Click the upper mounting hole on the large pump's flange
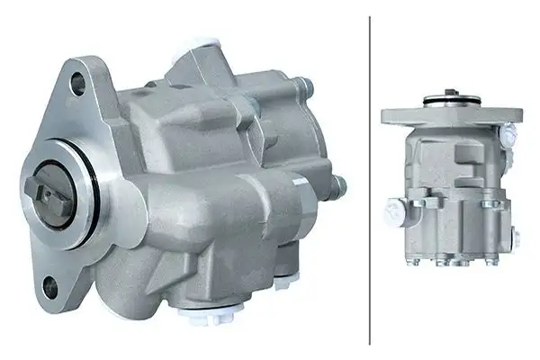click(78, 85)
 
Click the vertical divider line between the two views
click(370, 180)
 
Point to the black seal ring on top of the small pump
click(450, 100)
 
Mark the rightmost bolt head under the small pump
click(492, 263)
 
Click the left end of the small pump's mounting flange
click(390, 115)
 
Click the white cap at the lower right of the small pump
click(516, 238)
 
